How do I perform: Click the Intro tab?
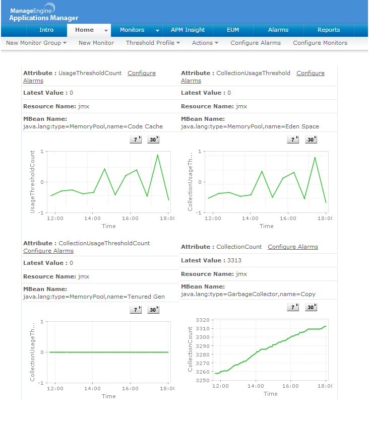point(46,30)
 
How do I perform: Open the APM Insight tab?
point(188,30)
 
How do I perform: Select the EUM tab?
point(233,30)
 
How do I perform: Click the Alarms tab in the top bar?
point(278,30)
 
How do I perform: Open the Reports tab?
point(329,30)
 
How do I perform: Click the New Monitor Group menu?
point(36,43)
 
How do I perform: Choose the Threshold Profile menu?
point(153,43)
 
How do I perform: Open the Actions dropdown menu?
point(205,43)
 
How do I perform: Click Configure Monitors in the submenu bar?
point(320,43)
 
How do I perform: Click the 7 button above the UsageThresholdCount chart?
point(136,139)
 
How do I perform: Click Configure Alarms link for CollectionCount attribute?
point(293,247)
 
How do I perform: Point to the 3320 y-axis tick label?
point(203,320)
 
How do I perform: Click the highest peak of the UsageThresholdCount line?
point(158,155)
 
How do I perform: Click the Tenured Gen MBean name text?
point(94,297)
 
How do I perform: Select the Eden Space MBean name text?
point(250,126)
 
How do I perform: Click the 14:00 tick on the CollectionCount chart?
point(256,385)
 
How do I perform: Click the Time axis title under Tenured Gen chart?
point(109,396)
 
